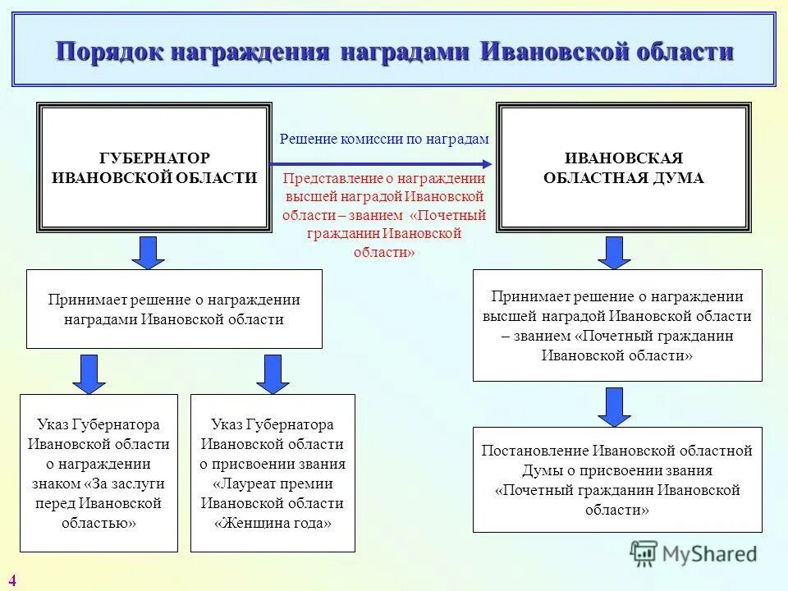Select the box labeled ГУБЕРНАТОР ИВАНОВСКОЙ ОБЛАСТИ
click(153, 167)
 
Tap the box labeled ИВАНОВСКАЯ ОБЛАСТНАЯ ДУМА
click(623, 167)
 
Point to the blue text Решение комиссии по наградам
click(384, 140)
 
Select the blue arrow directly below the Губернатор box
click(149, 252)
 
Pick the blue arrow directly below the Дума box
click(614, 252)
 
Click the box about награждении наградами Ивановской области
click(174, 309)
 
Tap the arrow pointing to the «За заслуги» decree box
click(89, 373)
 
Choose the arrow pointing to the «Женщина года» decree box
click(273, 373)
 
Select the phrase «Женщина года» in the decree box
click(273, 523)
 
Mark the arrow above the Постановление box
click(614, 406)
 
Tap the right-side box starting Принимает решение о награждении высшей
click(617, 325)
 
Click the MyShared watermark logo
click(694, 553)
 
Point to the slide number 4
click(12, 581)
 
